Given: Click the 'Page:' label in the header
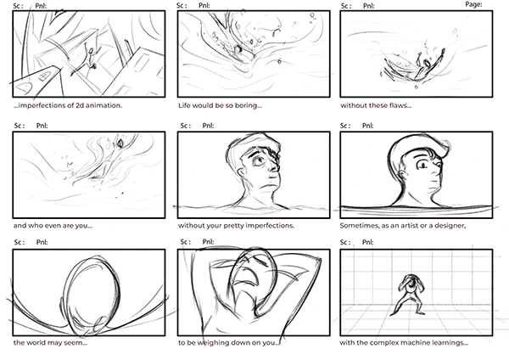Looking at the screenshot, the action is pos(473,4).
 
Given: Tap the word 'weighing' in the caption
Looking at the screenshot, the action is pos(210,343).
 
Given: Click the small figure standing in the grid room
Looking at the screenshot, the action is pos(411,295).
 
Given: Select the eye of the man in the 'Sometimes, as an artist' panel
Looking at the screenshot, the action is pos(423,166).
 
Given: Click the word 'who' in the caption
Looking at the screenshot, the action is pos(35,226).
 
